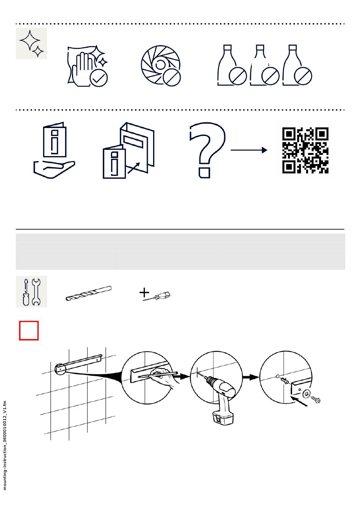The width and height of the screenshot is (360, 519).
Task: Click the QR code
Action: pos(305,150)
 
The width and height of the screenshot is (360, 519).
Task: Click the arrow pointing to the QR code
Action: pos(249,150)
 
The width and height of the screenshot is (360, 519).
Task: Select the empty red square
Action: pos(29,331)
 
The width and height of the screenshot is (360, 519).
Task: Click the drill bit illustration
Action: pos(89,294)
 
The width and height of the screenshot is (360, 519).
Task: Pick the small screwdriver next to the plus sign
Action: pos(157,296)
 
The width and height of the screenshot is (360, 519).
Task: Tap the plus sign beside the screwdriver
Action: pos(144,292)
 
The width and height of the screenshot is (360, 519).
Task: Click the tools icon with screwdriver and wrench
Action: pos(31,291)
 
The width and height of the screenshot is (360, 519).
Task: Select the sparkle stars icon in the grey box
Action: pos(31,43)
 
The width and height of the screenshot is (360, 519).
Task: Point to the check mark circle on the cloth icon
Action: pos(99,78)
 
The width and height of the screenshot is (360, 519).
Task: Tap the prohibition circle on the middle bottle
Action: pos(270,76)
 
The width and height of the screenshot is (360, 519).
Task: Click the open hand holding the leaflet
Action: pos(54,169)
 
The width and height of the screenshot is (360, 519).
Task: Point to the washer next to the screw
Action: pos(306,394)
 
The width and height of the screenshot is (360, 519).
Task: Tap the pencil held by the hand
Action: pos(158,375)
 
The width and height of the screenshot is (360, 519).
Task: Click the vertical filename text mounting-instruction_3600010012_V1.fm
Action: pos(5,446)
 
